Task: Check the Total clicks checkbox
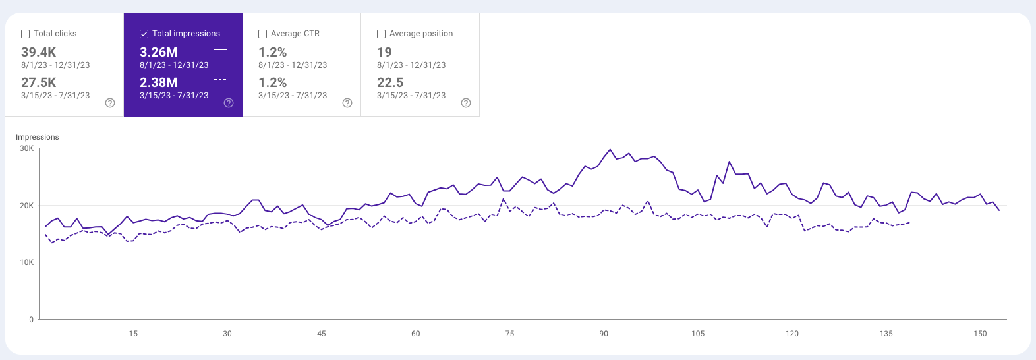click(26, 34)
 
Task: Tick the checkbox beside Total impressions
click(144, 34)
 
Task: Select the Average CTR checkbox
click(263, 34)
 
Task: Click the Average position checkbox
click(382, 34)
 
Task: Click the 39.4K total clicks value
click(38, 52)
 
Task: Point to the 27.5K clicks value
click(38, 82)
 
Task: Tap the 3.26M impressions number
click(158, 52)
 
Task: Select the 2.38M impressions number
click(158, 82)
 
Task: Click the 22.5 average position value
click(390, 82)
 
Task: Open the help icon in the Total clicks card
click(110, 103)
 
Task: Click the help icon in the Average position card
click(466, 103)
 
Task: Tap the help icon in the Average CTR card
click(347, 103)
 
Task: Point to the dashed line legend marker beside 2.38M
click(220, 80)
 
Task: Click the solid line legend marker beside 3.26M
click(220, 49)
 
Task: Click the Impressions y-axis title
click(38, 137)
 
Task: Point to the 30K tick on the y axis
click(26, 149)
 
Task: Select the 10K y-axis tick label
click(26, 262)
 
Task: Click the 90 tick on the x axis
click(604, 334)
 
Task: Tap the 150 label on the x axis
click(980, 334)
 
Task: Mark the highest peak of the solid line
click(610, 149)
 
